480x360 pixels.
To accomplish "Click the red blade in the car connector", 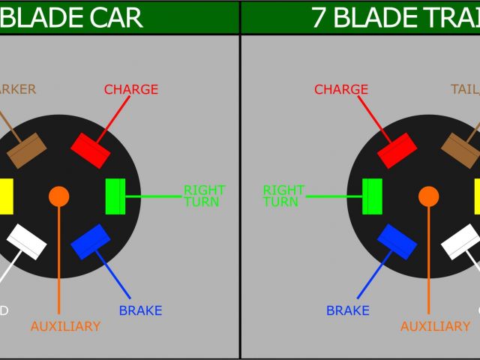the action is tap(91, 151).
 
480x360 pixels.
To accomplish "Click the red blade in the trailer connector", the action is tap(397, 151).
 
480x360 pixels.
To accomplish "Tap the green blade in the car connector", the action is tap(115, 196).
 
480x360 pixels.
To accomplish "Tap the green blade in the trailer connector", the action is tap(372, 196).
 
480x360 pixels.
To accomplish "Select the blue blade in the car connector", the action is tap(91, 241).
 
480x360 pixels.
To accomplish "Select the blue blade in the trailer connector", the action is tap(397, 241).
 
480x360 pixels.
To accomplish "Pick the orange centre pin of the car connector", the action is tap(58, 196).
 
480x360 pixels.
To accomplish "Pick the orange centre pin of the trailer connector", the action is tap(429, 196).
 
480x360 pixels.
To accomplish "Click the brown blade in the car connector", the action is tap(27, 151).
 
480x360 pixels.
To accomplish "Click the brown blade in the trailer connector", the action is tap(460, 151).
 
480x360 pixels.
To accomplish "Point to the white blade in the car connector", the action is tap(27, 241).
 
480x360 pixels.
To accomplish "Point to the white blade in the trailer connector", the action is tap(460, 241).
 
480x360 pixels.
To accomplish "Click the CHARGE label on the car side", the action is tap(131, 89).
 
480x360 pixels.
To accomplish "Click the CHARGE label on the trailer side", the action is tap(341, 89).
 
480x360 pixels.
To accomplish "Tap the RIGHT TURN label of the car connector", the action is tap(204, 196).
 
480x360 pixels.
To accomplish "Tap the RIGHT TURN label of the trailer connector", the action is tap(283, 196).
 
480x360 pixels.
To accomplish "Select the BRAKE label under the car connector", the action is tap(140, 310).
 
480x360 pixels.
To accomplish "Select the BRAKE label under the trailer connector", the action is tap(347, 310).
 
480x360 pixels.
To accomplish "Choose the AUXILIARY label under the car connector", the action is tap(65, 326).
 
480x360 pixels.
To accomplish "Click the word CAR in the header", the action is tap(116, 17).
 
